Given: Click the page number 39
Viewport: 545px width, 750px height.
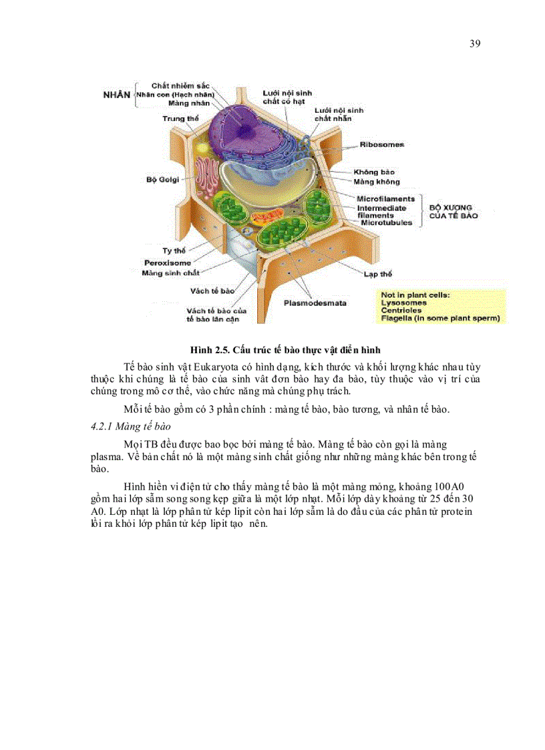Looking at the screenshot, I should point(475,43).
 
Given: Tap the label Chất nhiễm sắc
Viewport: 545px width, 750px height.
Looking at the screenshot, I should point(180,86).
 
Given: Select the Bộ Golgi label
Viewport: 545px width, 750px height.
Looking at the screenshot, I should point(160,179).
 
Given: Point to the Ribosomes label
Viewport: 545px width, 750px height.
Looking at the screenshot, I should point(381,144).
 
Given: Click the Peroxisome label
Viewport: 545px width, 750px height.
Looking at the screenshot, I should point(167,262).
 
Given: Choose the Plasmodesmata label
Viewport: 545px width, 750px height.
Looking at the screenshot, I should point(315,303).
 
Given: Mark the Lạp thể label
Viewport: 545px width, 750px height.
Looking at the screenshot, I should point(377,274).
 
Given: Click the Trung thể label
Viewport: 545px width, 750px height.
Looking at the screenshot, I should point(180,119).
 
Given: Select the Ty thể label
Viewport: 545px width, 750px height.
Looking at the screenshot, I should point(174,250).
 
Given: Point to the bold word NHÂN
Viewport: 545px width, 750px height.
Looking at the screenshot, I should point(117,95).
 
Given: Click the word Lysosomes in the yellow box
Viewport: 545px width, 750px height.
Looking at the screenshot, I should point(403,303).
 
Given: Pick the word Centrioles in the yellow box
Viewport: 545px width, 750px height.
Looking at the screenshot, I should point(401,311).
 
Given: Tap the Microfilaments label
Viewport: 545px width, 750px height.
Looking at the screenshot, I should point(385,199).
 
